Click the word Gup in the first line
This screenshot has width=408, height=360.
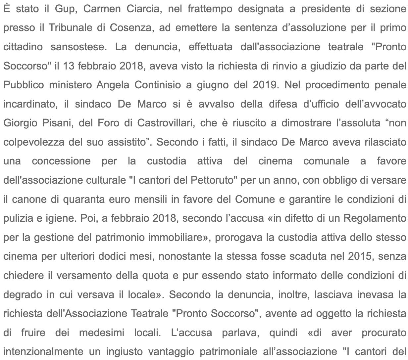66,9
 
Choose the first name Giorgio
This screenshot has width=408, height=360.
20,123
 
